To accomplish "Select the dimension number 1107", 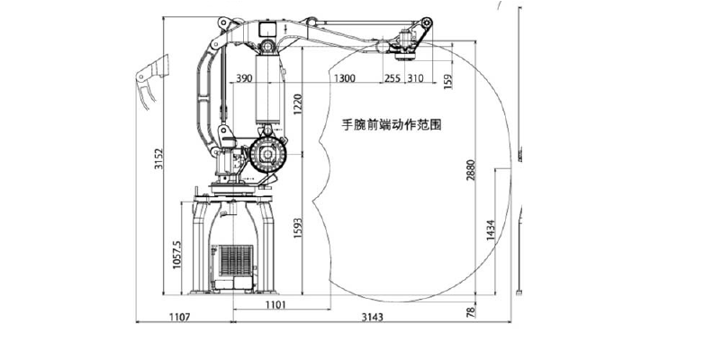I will click(x=180, y=318).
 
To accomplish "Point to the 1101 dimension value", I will click(x=275, y=306).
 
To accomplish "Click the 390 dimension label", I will click(x=243, y=79).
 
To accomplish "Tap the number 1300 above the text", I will click(x=344, y=79).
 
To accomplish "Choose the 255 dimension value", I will click(x=392, y=79).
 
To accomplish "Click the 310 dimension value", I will click(x=414, y=79).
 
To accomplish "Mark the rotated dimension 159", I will click(x=448, y=82).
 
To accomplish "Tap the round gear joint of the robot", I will click(x=267, y=156).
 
